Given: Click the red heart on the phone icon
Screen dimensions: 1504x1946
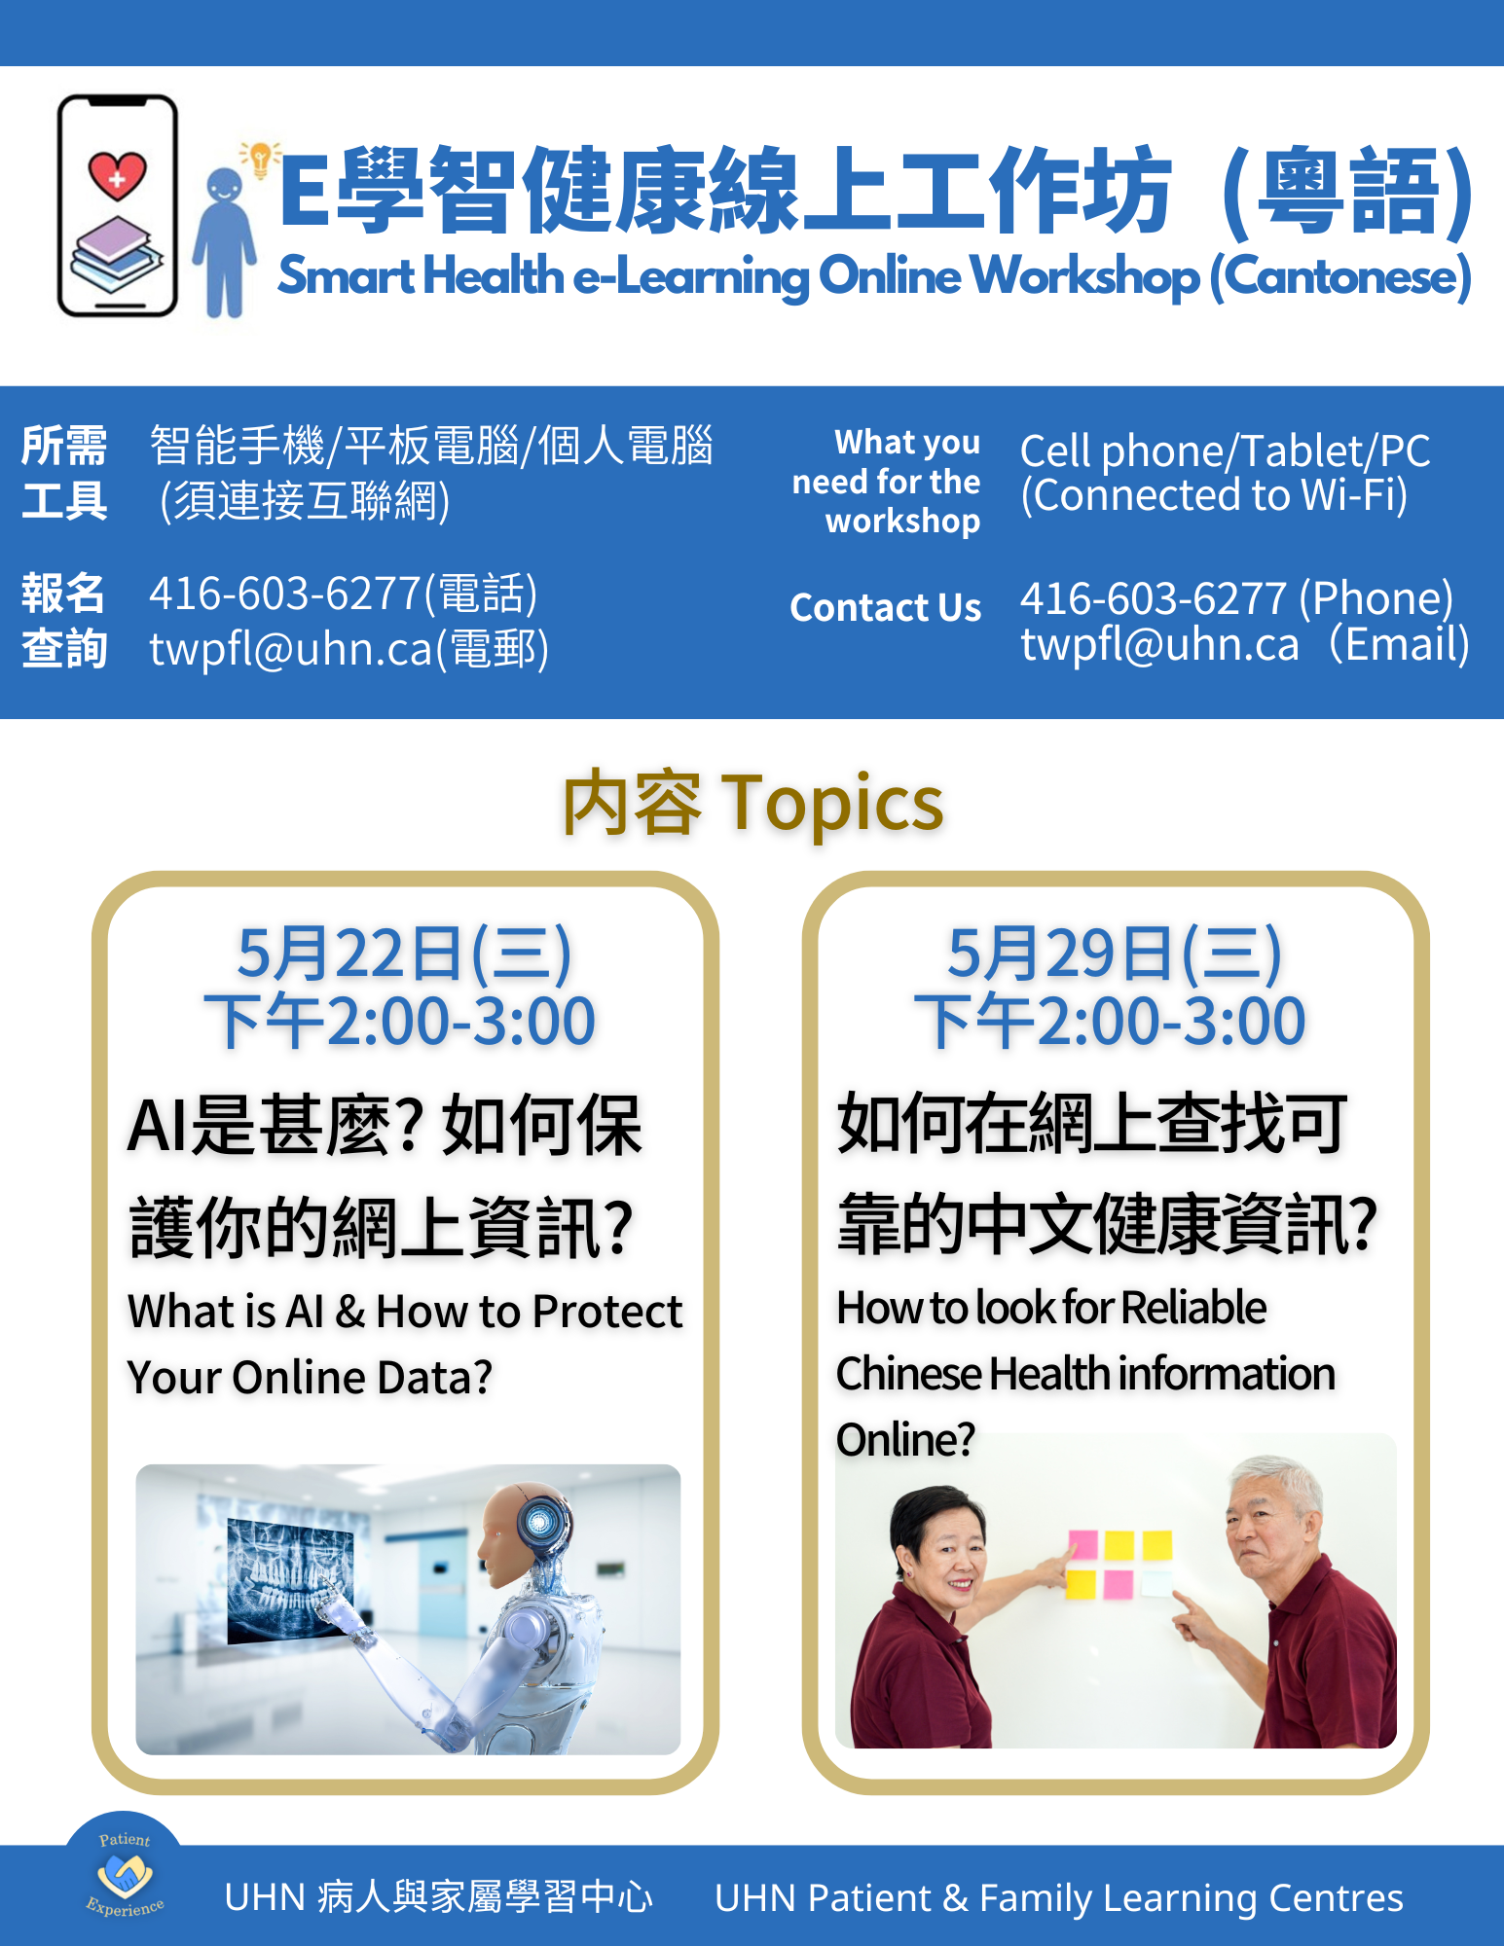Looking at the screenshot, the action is point(117,175).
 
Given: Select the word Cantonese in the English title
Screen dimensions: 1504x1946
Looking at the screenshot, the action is point(1340,276).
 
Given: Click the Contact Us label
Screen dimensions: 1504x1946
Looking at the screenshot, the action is point(885,607).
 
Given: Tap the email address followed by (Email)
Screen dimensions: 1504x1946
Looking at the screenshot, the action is point(1159,644).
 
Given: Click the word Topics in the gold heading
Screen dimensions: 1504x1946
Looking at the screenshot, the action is point(832,804).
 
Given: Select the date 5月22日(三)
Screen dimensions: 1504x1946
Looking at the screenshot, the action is point(404,954).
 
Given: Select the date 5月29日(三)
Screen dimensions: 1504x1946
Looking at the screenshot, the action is point(1115,954).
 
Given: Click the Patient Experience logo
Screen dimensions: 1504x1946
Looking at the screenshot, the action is point(124,1874).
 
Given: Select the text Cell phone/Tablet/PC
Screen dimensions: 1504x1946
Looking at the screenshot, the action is point(1225,450).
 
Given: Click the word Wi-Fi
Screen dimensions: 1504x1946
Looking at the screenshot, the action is point(1353,494).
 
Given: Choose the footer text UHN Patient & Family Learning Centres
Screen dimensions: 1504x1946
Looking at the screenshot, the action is point(1058,1897).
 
